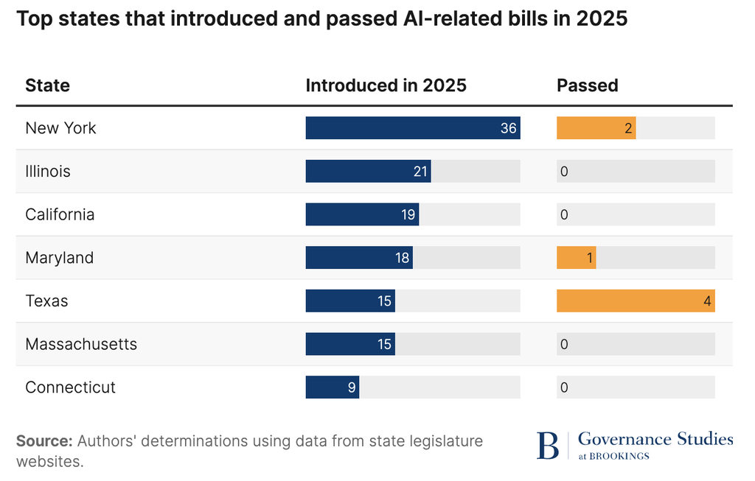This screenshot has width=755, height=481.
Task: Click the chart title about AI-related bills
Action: click(x=321, y=18)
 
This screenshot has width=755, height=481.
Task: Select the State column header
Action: click(x=47, y=85)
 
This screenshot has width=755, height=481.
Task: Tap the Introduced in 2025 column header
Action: click(x=386, y=85)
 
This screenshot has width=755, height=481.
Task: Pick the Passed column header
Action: click(x=587, y=85)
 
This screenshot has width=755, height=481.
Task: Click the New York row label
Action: click(x=60, y=128)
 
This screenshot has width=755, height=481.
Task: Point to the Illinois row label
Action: click(x=48, y=172)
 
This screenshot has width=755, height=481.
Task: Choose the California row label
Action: click(x=60, y=214)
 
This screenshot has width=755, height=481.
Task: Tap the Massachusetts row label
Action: click(x=81, y=344)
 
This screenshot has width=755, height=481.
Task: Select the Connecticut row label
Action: click(x=70, y=387)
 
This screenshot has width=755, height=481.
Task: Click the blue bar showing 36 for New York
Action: click(x=413, y=128)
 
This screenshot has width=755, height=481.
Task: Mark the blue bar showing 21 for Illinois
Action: click(x=368, y=172)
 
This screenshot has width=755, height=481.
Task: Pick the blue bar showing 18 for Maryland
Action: click(x=359, y=258)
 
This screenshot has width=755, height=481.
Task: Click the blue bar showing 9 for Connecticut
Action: click(x=332, y=387)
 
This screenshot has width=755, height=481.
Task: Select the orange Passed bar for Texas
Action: click(x=636, y=301)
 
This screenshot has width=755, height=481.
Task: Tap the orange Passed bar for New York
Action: click(x=596, y=128)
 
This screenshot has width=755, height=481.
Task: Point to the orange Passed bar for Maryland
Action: click(x=576, y=258)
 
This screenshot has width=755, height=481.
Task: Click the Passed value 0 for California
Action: click(x=564, y=215)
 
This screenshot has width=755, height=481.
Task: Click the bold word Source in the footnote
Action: click(x=44, y=441)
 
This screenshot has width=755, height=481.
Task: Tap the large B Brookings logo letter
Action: click(x=547, y=446)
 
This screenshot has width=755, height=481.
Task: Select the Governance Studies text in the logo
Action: click(x=655, y=440)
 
